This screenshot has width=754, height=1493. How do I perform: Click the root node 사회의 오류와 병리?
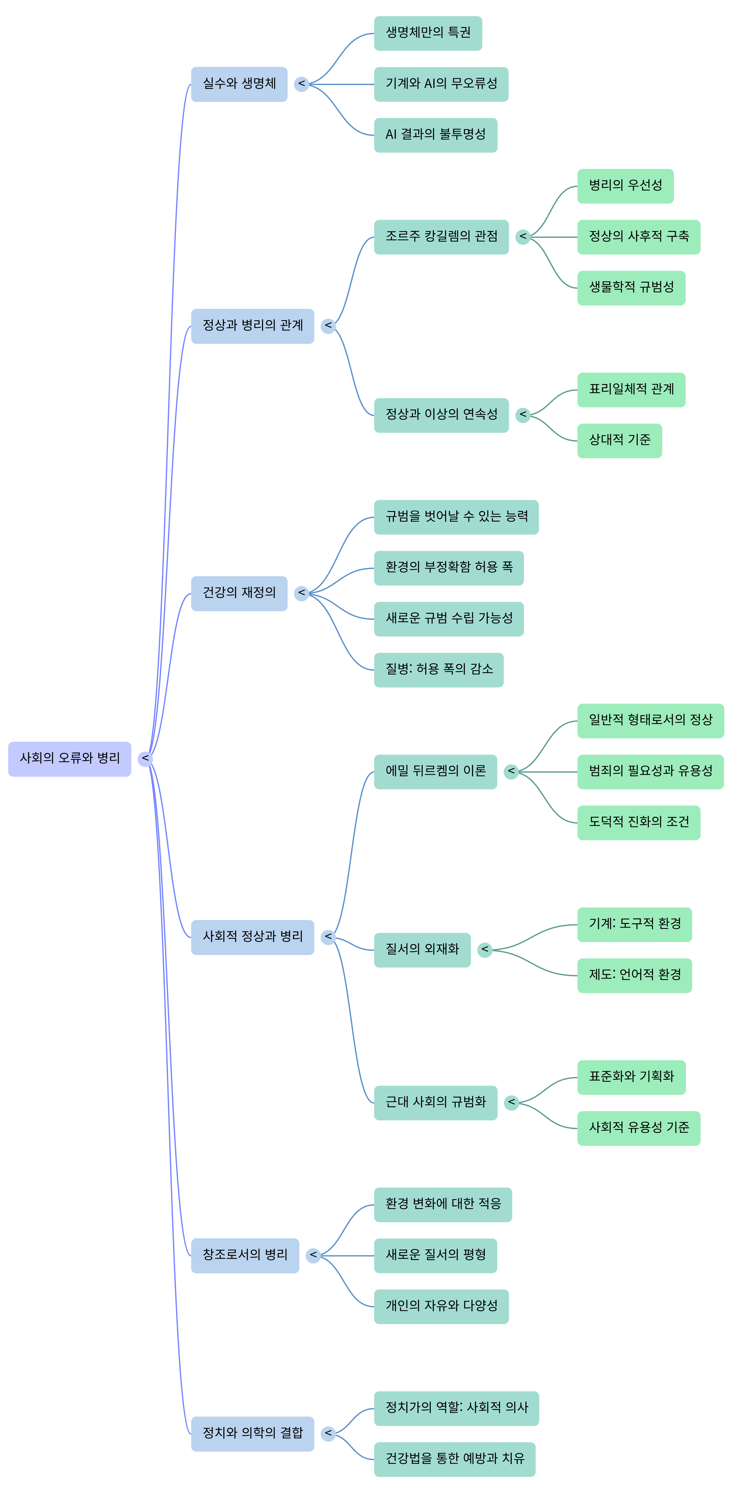[69, 759]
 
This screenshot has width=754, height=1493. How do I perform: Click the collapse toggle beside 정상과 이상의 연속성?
[523, 415]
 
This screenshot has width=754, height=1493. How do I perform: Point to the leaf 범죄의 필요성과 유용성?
[650, 772]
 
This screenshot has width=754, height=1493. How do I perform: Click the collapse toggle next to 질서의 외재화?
[485, 950]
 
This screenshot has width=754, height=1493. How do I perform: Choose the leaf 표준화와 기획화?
[631, 1077]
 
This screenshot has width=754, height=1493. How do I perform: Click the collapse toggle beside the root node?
[145, 759]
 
